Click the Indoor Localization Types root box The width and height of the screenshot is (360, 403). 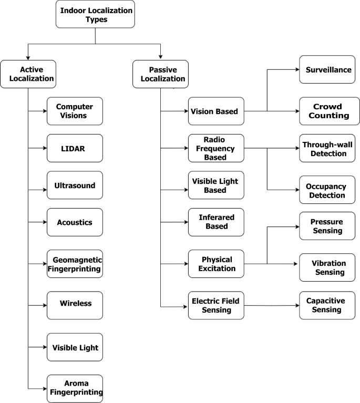[95, 14]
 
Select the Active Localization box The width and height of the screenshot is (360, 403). [28, 74]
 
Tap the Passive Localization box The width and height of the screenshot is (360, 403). [160, 74]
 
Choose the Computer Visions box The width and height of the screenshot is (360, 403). [75, 111]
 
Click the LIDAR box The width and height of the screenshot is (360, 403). [75, 149]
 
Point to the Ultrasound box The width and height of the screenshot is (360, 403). [75, 185]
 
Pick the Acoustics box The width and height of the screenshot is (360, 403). [75, 222]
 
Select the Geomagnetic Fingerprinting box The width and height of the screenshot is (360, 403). [75, 264]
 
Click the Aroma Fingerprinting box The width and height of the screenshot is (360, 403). [75, 388]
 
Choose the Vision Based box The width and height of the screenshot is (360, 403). [216, 111]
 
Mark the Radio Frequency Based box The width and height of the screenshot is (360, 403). [216, 148]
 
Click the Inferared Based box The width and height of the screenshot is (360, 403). [216, 222]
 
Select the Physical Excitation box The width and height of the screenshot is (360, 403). [216, 264]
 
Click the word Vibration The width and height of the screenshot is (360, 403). [328, 263]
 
